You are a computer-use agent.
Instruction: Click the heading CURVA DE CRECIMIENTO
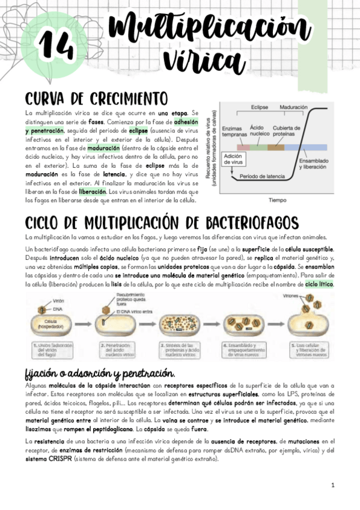click(x=96, y=98)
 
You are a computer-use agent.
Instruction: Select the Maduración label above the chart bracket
click(x=293, y=107)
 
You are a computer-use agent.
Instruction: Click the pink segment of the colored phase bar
click(x=243, y=147)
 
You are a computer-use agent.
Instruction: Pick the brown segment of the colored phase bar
click(x=276, y=147)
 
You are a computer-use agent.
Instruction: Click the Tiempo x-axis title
click(x=277, y=200)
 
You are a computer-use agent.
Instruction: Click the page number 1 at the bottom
click(x=332, y=485)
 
